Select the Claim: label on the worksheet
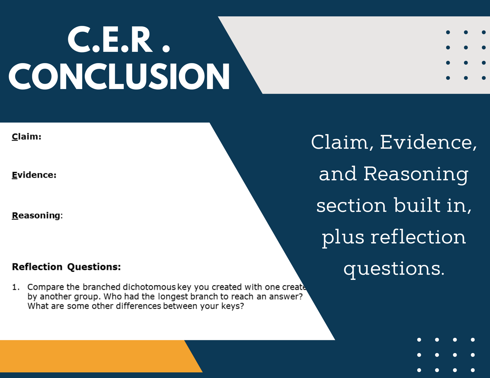(x=26, y=137)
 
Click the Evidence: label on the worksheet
(x=34, y=175)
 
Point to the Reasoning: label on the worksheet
(x=37, y=216)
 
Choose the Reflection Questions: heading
(x=66, y=267)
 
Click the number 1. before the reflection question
(x=16, y=287)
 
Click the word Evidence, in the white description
(x=428, y=143)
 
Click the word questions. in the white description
(x=394, y=269)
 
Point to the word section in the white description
(x=352, y=206)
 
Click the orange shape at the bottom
(x=96, y=356)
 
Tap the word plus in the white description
(x=343, y=238)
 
